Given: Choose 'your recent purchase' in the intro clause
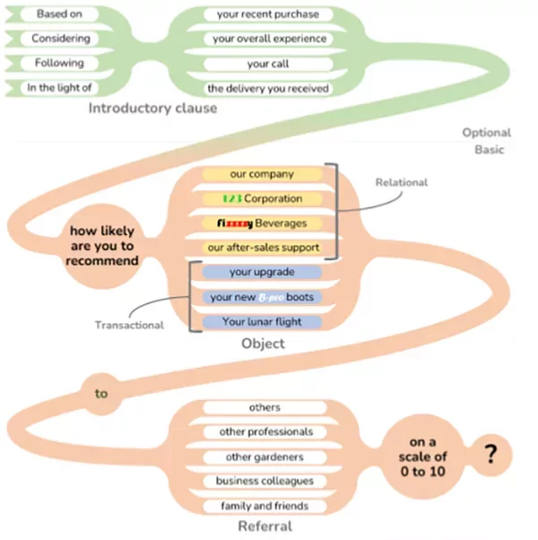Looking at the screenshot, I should (267, 14).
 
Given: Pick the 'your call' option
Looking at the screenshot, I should (267, 64).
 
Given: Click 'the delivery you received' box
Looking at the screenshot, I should (267, 88).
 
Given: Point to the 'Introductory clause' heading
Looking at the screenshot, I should (152, 109).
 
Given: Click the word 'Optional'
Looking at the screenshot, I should (486, 133).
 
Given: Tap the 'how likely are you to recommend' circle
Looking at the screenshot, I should (104, 246).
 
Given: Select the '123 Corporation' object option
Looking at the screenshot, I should (262, 198).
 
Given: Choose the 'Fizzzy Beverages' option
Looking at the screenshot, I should (262, 222).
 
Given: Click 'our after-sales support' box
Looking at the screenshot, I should (262, 248).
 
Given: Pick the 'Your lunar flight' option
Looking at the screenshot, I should (262, 321).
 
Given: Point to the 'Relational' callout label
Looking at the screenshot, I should (401, 182).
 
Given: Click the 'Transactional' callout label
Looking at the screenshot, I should (130, 326).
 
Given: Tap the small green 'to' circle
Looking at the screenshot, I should (101, 392).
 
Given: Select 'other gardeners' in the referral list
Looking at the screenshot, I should (264, 457).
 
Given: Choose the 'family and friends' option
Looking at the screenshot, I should (264, 506).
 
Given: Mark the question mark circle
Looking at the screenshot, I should (490, 455).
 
